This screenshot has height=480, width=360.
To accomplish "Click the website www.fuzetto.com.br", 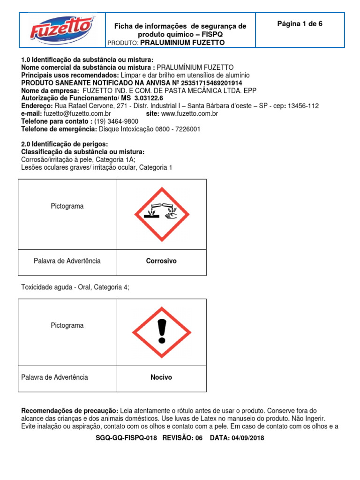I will (x=190, y=113).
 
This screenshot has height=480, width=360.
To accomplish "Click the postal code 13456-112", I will (x=304, y=106).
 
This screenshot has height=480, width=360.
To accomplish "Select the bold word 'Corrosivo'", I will (x=161, y=261).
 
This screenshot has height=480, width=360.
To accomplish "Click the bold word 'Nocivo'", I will (x=161, y=377).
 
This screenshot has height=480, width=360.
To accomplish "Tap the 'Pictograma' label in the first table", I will (x=67, y=206).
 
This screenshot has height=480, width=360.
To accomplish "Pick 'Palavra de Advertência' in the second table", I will (x=55, y=377).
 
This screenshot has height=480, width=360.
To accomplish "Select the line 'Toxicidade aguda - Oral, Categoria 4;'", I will (x=75, y=287).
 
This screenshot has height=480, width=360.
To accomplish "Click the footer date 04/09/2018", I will (x=247, y=438).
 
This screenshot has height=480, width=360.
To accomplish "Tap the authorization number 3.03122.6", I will (x=149, y=98).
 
